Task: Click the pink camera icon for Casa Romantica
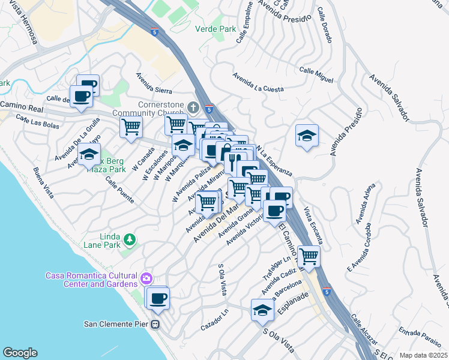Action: click(x=146, y=278)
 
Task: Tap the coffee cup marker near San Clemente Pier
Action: click(x=158, y=298)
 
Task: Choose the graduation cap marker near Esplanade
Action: click(x=262, y=310)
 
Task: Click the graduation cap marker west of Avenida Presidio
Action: click(x=306, y=135)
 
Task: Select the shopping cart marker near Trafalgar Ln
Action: click(x=309, y=256)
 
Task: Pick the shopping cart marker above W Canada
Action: click(x=131, y=127)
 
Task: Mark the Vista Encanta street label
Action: click(x=313, y=225)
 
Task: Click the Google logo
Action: click(x=20, y=352)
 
